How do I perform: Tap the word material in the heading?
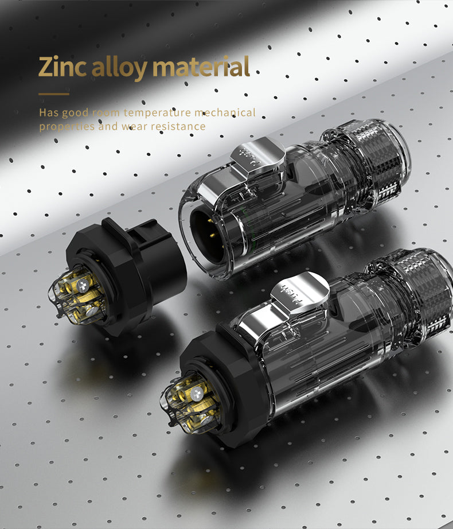pyautogui.click(x=201, y=67)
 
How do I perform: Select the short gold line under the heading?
pyautogui.click(x=54, y=94)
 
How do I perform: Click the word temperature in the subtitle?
pyautogui.click(x=157, y=112)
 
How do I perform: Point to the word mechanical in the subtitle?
pyautogui.click(x=225, y=112)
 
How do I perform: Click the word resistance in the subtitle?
pyautogui.click(x=178, y=126)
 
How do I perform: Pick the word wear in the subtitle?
pyautogui.click(x=134, y=126)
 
